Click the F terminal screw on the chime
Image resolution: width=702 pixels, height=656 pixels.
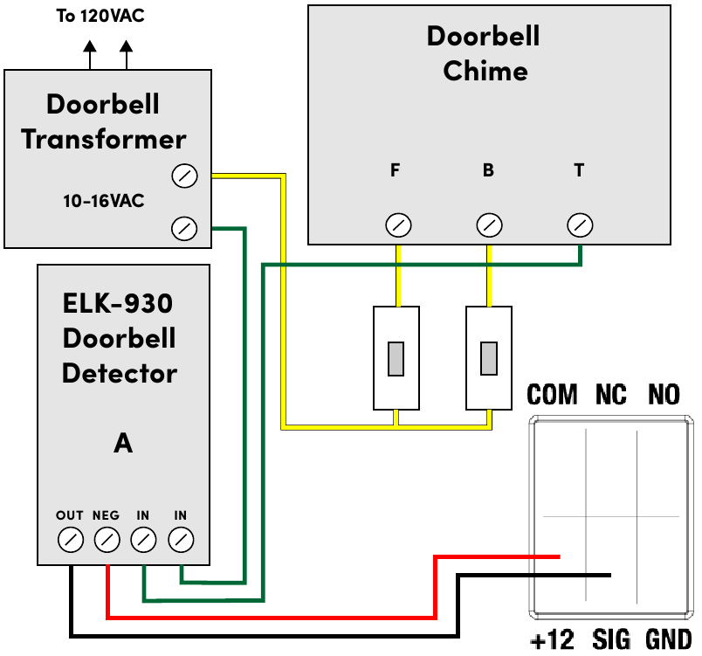pos(398,225)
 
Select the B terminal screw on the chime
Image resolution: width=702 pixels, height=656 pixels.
pos(490,225)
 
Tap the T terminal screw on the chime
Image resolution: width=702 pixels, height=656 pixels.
pos(580,225)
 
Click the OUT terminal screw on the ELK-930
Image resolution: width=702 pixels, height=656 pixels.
pos(70,540)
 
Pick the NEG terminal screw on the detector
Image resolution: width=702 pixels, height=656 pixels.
pos(107,540)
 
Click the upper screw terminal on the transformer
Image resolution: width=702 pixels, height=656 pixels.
pos(184,176)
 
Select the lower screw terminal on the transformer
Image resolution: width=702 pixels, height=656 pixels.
pos(184,229)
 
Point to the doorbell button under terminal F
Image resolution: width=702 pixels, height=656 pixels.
pos(396,358)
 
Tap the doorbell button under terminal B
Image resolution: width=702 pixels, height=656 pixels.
pos(489,358)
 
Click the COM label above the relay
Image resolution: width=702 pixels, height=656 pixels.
pos(553,395)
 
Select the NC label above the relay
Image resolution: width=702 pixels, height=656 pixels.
pos(611,395)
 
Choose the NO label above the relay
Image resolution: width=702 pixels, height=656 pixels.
pos(664,395)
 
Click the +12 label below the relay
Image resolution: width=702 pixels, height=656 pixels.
pos(552,640)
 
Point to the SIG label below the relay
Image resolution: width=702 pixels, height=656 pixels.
pos(611,640)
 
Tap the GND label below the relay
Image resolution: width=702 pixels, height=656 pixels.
pos(668,640)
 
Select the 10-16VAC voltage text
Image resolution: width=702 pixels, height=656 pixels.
pos(103,202)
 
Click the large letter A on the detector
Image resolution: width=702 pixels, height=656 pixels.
pos(123,443)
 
